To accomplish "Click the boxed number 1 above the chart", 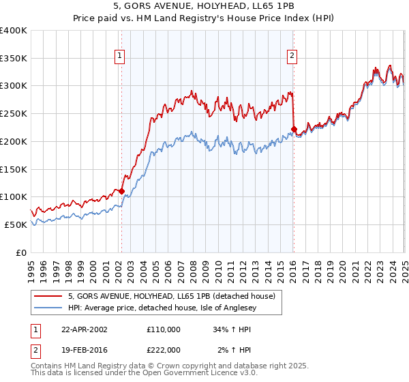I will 120,57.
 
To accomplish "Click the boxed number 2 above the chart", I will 292,57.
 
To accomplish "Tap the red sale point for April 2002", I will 121,192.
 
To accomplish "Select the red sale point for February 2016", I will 294,129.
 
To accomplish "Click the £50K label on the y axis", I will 16,224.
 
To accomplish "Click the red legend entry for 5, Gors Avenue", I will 171,296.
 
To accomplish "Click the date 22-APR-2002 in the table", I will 83,329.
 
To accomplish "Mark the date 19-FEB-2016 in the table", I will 83,350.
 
